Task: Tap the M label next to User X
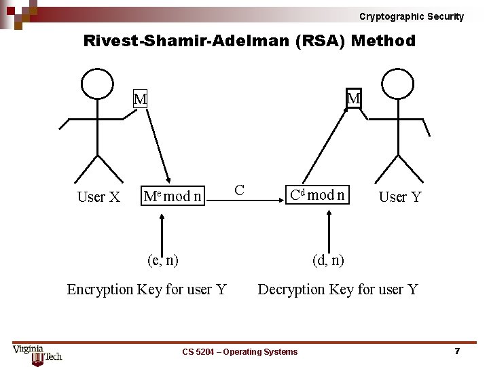140,100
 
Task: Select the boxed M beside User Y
354,99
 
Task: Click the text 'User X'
98,197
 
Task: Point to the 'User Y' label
400,197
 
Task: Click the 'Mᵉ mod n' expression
173,197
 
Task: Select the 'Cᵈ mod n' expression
317,196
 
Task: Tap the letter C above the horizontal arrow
239,189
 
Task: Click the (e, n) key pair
163,260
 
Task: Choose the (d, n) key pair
328,260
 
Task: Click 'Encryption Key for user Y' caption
147,290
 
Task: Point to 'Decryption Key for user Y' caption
338,290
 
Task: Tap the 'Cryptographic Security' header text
412,16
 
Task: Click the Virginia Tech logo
37,353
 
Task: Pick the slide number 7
457,351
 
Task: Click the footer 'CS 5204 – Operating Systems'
240,351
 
